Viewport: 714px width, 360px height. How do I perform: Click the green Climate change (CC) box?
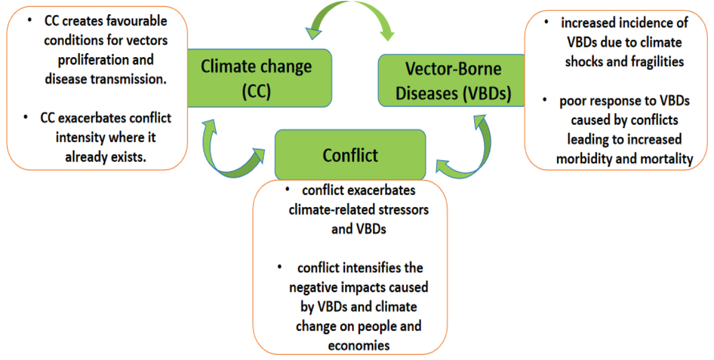tap(259, 78)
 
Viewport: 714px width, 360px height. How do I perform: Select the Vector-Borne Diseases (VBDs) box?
tap(452, 80)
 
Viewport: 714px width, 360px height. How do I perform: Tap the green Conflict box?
tap(350, 155)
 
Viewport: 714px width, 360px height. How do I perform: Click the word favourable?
tap(137, 21)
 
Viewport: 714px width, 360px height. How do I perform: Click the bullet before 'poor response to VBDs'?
tap(545, 100)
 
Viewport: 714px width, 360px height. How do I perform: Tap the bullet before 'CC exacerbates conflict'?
tap(26, 117)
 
